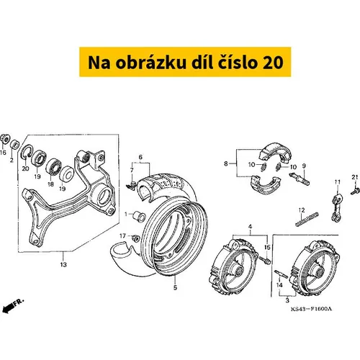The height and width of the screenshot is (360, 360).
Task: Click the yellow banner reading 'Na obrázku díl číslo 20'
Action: pos(185,62)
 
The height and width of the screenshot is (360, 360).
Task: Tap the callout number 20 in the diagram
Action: pos(25,168)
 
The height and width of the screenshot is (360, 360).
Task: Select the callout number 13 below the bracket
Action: pos(63,265)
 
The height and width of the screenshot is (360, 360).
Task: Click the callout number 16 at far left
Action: pos(3,153)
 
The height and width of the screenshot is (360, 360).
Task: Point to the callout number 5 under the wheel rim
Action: pos(175,287)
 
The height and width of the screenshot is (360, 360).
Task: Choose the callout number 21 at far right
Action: pos(355,177)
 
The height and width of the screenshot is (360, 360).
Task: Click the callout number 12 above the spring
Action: pos(302,210)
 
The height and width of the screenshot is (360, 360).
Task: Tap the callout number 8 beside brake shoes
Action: pos(226,163)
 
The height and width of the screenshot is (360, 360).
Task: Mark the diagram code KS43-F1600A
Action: pos(311,309)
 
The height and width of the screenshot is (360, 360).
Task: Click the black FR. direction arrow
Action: pos(8,307)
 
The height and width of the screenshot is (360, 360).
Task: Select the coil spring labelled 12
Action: pos(307,219)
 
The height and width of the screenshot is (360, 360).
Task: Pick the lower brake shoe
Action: pos(266,184)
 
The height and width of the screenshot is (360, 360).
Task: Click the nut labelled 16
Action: pos(4,138)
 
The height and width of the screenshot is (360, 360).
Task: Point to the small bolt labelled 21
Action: pos(355,192)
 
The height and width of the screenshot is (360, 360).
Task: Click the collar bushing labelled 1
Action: pos(139,216)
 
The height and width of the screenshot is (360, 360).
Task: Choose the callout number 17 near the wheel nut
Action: pos(122,236)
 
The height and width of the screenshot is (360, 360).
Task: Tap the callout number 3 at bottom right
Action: pos(287,300)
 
